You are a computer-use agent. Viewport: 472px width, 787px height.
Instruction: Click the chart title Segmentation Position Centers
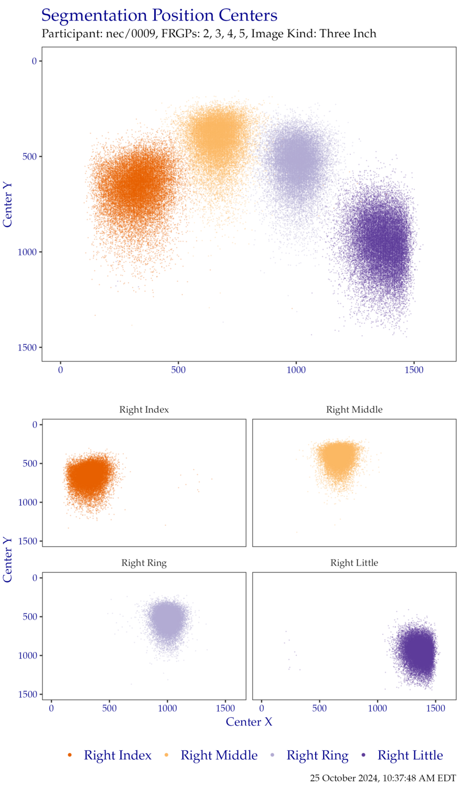point(159,16)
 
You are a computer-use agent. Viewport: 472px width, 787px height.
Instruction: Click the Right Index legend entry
point(117,756)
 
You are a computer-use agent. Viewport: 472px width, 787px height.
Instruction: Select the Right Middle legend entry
point(219,756)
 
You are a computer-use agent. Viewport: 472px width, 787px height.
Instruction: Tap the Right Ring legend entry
point(317,756)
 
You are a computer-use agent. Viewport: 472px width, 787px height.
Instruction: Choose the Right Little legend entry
point(410,756)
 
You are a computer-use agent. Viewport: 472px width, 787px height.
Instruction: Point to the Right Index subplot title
point(144,410)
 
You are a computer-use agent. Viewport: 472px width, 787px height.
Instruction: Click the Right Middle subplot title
point(354,410)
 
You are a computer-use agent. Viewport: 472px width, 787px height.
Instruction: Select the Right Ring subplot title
point(144,563)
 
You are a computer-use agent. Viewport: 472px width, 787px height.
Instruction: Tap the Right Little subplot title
point(354,563)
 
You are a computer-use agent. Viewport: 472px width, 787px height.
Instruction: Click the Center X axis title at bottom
point(249,722)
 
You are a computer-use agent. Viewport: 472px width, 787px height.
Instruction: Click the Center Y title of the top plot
point(7,205)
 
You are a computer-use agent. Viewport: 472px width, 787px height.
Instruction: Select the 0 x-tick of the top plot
point(60,370)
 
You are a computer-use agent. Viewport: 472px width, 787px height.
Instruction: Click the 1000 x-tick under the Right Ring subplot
point(167,709)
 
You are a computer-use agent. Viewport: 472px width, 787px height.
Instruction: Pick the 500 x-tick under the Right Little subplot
point(319,709)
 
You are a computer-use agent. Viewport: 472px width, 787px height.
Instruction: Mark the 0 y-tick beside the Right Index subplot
point(35,424)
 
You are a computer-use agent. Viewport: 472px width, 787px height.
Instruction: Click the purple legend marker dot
point(363,756)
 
